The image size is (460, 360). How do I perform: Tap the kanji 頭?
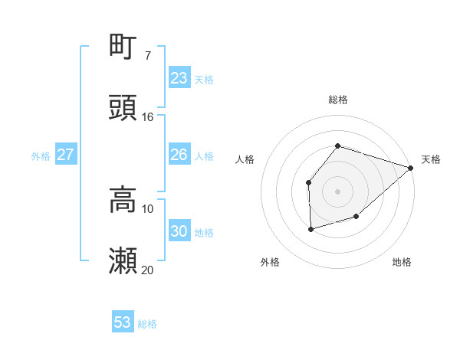[x=123, y=108]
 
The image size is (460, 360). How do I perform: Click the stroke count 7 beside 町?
[x=147, y=56]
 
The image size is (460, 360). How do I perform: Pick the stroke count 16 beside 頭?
[x=148, y=117]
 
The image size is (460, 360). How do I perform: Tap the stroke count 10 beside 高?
[x=148, y=209]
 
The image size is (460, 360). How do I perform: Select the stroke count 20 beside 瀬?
[x=148, y=270]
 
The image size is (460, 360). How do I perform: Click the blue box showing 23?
[x=179, y=78]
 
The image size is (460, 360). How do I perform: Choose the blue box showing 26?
[x=179, y=155]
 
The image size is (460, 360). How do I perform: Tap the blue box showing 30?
[x=179, y=231]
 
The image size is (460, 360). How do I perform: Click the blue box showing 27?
[x=65, y=155]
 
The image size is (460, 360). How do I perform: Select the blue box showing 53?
[x=123, y=322]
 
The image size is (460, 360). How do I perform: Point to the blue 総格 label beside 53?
[x=147, y=324]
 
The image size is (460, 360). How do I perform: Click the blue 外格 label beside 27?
[x=41, y=156]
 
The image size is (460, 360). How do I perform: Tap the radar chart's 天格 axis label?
[x=431, y=159]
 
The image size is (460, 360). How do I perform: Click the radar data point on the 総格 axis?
[x=337, y=146]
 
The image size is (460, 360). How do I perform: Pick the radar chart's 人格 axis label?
[x=245, y=159]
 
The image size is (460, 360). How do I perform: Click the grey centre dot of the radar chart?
[x=337, y=191]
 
